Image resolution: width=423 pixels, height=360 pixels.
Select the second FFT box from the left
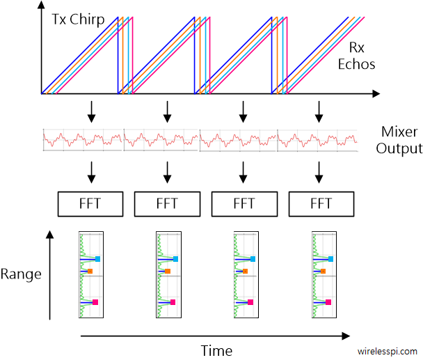coord(167,203)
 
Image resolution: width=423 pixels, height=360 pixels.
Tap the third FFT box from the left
coord(244,203)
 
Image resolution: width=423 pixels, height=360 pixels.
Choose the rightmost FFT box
coord(320,203)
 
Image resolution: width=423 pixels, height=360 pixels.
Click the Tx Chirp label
coord(78,19)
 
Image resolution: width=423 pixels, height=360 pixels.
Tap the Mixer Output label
coord(401,140)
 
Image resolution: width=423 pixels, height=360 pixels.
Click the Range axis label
coord(21,274)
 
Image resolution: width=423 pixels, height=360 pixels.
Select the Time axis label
coord(216,350)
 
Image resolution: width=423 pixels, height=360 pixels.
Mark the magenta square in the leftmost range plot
coord(95,302)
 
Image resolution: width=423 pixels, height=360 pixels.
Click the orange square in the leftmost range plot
coord(90,271)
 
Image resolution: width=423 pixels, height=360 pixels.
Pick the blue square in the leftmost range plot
coord(98,258)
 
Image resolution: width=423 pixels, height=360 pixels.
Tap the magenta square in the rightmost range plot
coord(328,302)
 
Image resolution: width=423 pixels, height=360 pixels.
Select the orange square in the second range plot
coord(168,271)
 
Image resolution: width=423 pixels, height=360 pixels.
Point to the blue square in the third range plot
coord(253,258)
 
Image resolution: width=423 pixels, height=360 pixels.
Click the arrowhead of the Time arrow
coord(346,336)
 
